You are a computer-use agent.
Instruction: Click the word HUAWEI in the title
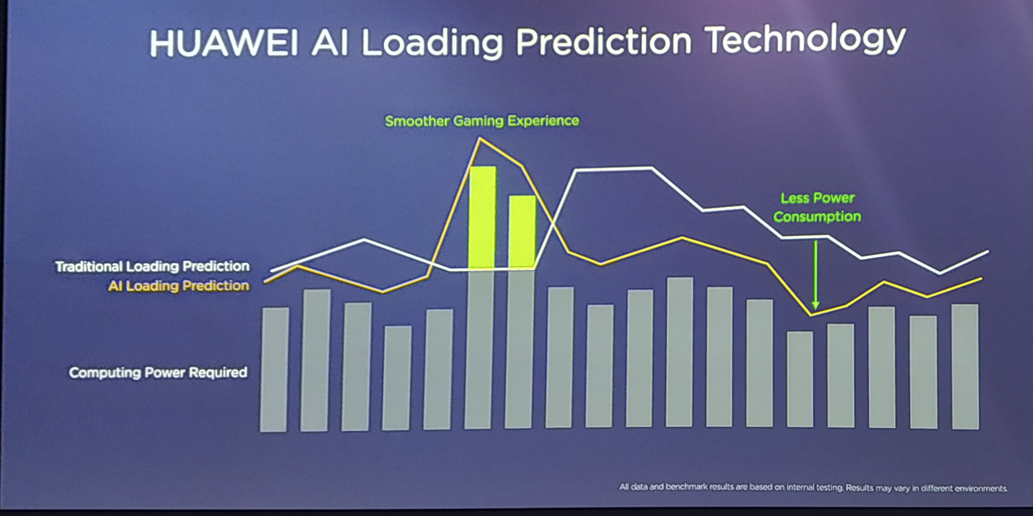click(224, 43)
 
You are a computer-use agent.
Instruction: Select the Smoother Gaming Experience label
click(482, 121)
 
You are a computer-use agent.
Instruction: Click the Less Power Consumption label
click(817, 207)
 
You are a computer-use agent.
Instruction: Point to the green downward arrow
click(816, 275)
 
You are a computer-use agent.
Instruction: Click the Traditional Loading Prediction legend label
click(152, 266)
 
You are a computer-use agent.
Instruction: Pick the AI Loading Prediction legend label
click(179, 286)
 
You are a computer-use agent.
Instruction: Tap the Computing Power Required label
click(158, 372)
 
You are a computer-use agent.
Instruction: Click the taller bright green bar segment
click(482, 217)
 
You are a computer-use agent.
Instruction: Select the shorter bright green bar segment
click(523, 232)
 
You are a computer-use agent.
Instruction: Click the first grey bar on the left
click(274, 370)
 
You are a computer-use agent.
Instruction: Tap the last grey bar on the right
click(965, 366)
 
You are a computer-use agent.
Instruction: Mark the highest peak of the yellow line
click(480, 138)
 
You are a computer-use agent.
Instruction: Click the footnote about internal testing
click(813, 487)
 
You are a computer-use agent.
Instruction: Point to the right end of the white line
click(988, 252)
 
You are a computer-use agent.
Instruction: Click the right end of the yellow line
click(981, 279)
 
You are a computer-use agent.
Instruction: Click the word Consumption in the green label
click(817, 217)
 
